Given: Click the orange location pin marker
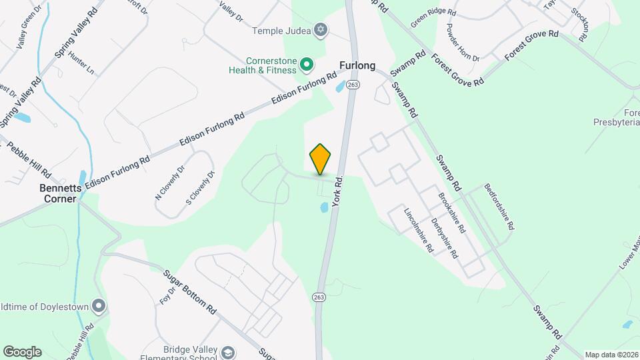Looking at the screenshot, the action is [321, 159].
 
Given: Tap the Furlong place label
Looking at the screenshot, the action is [357, 66].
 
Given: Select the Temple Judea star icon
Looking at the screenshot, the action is [321, 29].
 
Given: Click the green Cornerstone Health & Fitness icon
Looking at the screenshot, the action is [306, 64].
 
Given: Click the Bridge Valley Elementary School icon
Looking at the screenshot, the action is [228, 352].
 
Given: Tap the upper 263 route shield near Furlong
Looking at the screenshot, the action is [353, 85].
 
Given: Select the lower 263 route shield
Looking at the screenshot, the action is [319, 297].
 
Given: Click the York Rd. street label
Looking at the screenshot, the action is [337, 190].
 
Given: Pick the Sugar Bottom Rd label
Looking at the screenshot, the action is [191, 292].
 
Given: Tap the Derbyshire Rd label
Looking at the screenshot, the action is [444, 238].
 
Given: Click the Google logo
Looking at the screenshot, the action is [22, 352].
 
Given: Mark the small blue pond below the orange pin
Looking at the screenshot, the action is [324, 207].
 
